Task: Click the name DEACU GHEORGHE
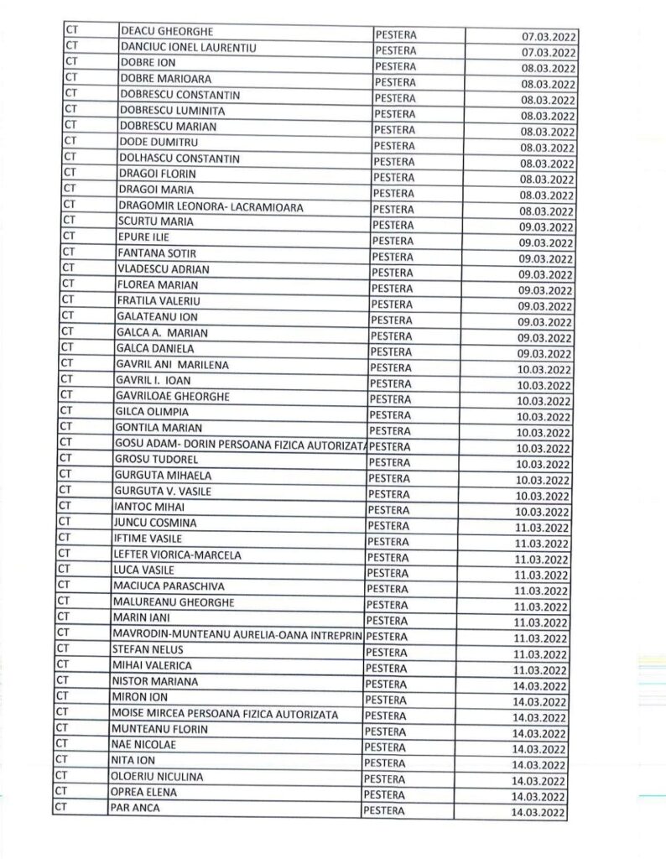[x=167, y=31]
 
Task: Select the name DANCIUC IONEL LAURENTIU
[x=186, y=47]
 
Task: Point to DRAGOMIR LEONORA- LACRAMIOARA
[x=210, y=206]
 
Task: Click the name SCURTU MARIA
[x=157, y=221]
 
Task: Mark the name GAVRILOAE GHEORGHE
[x=172, y=396]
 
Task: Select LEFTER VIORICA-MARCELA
[x=177, y=555]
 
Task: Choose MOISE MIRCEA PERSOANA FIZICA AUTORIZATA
[x=225, y=714]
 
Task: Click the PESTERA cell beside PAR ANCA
[x=382, y=810]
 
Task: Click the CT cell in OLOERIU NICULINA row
[x=60, y=777]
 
